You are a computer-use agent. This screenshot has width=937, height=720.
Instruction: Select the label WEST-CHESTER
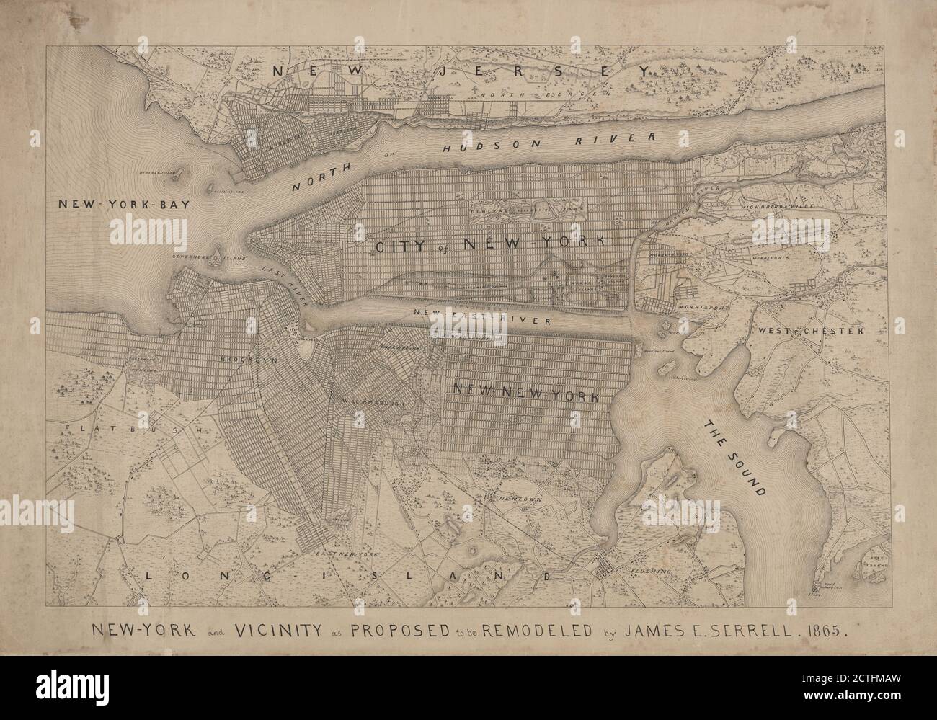[x=809, y=331]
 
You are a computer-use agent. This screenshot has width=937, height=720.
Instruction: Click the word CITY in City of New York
[x=404, y=246]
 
